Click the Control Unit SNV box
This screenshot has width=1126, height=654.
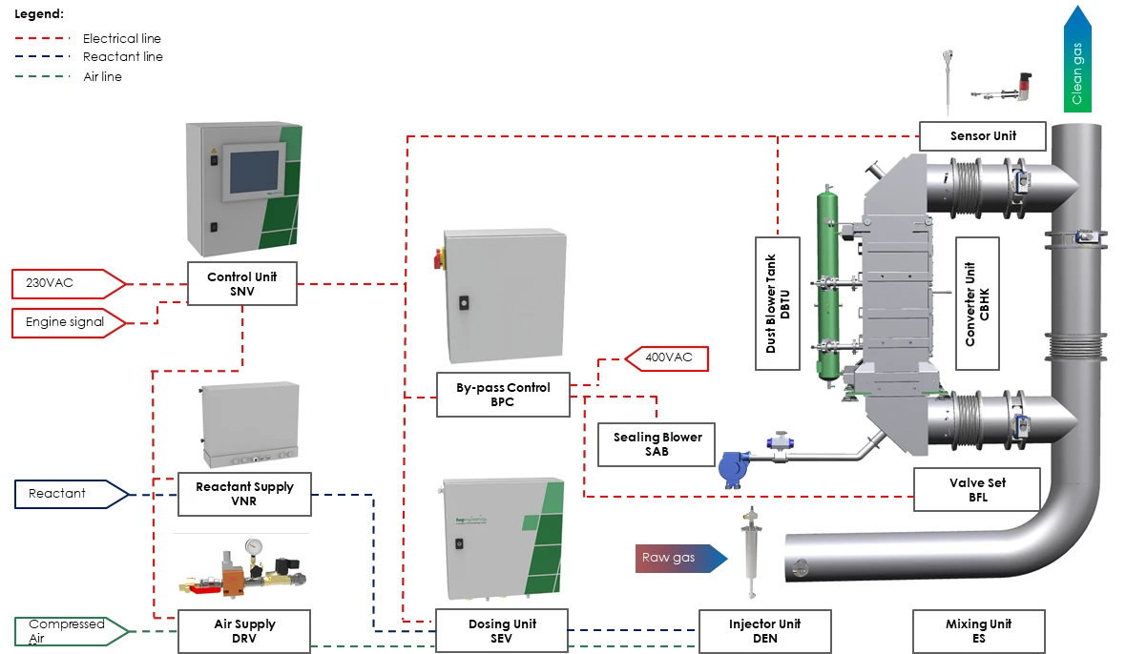pos(242,284)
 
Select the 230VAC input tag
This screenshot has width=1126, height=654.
pos(69,283)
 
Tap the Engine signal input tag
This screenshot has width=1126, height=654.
pos(69,322)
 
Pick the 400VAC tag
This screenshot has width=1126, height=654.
pos(667,358)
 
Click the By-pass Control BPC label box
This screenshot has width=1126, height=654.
pos(503,395)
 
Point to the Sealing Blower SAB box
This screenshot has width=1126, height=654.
pos(657,444)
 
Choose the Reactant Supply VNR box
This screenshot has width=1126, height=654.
pos(244,494)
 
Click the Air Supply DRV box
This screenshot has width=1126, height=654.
pos(244,631)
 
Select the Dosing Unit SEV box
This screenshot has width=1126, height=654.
pos(502,631)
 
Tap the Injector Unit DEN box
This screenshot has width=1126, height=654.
pos(764,631)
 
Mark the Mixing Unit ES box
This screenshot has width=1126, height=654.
pos(979,631)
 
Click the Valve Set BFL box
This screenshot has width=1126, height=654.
pos(977,490)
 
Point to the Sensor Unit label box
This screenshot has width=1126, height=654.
pos(982,136)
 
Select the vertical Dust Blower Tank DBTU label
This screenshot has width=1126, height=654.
pos(778,303)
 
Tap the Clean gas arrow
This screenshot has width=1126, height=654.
pos(1077,59)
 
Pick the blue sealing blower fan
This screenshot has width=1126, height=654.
pos(733,469)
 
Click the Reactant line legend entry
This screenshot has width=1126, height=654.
pos(89,56)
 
